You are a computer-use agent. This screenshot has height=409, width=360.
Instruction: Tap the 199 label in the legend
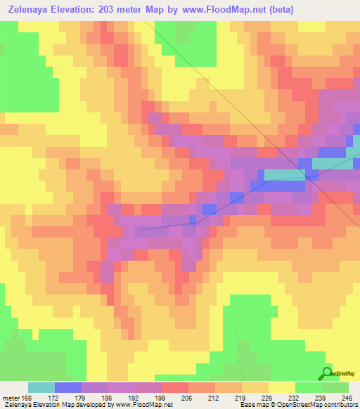coord(160,396)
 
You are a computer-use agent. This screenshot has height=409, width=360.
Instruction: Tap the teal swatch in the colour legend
coord(41,387)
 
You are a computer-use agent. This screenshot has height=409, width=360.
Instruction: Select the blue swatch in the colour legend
coord(68,387)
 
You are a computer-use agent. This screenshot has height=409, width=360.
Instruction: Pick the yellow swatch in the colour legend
coord(282,387)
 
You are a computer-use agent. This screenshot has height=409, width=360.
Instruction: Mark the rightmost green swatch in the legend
coord(335,387)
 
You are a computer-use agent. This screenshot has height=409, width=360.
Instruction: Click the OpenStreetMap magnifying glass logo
coord(326,373)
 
